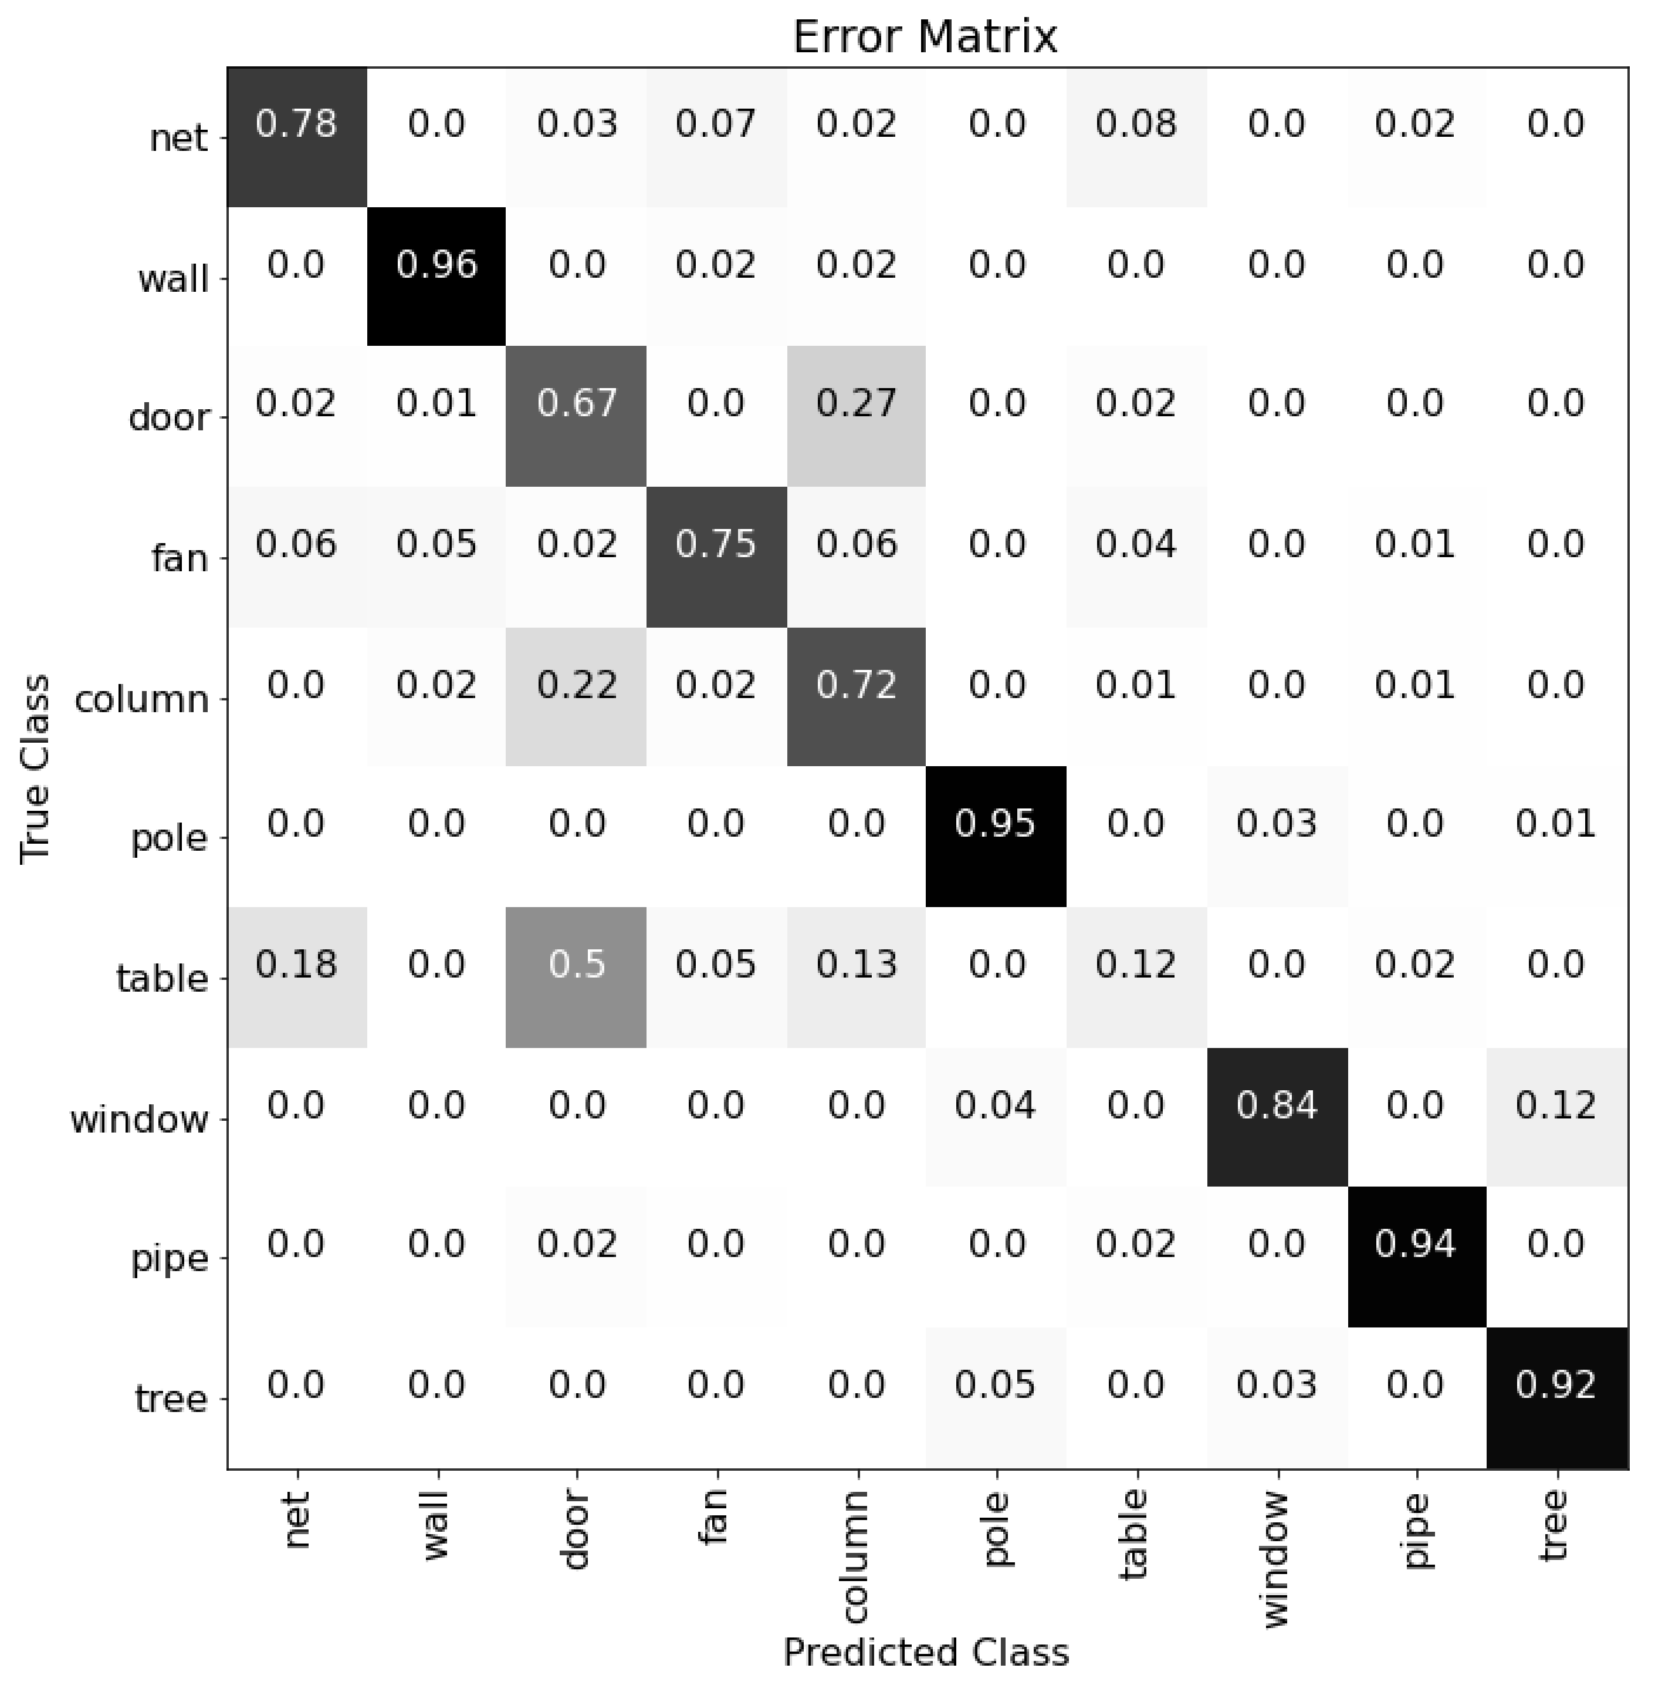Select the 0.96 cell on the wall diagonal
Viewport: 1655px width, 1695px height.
tap(436, 277)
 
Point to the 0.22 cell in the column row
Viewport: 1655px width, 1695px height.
tap(576, 696)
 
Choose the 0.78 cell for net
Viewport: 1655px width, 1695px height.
tap(296, 137)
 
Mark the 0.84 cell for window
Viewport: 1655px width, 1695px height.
tap(1277, 1117)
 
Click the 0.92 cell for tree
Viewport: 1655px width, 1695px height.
tap(1556, 1397)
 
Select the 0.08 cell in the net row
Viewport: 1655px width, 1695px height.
tap(1136, 137)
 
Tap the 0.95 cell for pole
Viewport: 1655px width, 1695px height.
tap(996, 837)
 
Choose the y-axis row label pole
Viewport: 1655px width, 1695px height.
tap(170, 839)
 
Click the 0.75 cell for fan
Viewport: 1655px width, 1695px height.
tap(716, 557)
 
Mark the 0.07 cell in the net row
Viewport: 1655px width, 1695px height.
tap(716, 137)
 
